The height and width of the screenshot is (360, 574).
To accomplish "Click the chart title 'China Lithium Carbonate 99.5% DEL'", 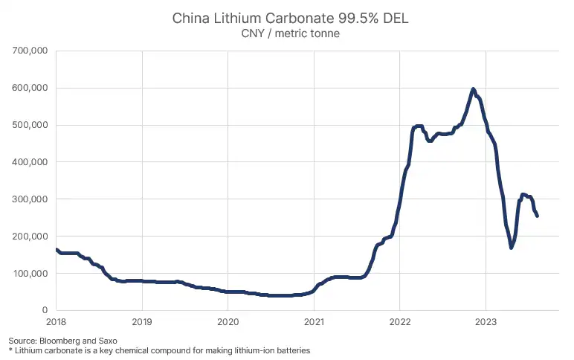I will pos(290,18).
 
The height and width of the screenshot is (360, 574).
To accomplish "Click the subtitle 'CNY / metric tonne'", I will pos(290,33).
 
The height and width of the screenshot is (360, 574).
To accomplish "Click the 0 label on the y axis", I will pos(45,310).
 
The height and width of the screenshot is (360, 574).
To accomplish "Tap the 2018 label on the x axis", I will pos(57,324).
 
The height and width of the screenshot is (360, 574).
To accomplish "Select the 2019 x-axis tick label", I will pos(142,324).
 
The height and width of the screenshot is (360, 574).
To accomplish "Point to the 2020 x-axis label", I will pos(228,324).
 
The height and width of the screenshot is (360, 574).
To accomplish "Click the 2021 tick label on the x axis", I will pos(314,324).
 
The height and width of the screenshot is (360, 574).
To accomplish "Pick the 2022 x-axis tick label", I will pos(400,324).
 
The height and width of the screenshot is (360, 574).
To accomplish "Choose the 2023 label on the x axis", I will pos(486,324).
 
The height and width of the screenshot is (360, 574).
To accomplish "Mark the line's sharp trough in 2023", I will pos(511,247).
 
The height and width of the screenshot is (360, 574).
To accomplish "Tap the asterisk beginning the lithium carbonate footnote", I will pos(10,350).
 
